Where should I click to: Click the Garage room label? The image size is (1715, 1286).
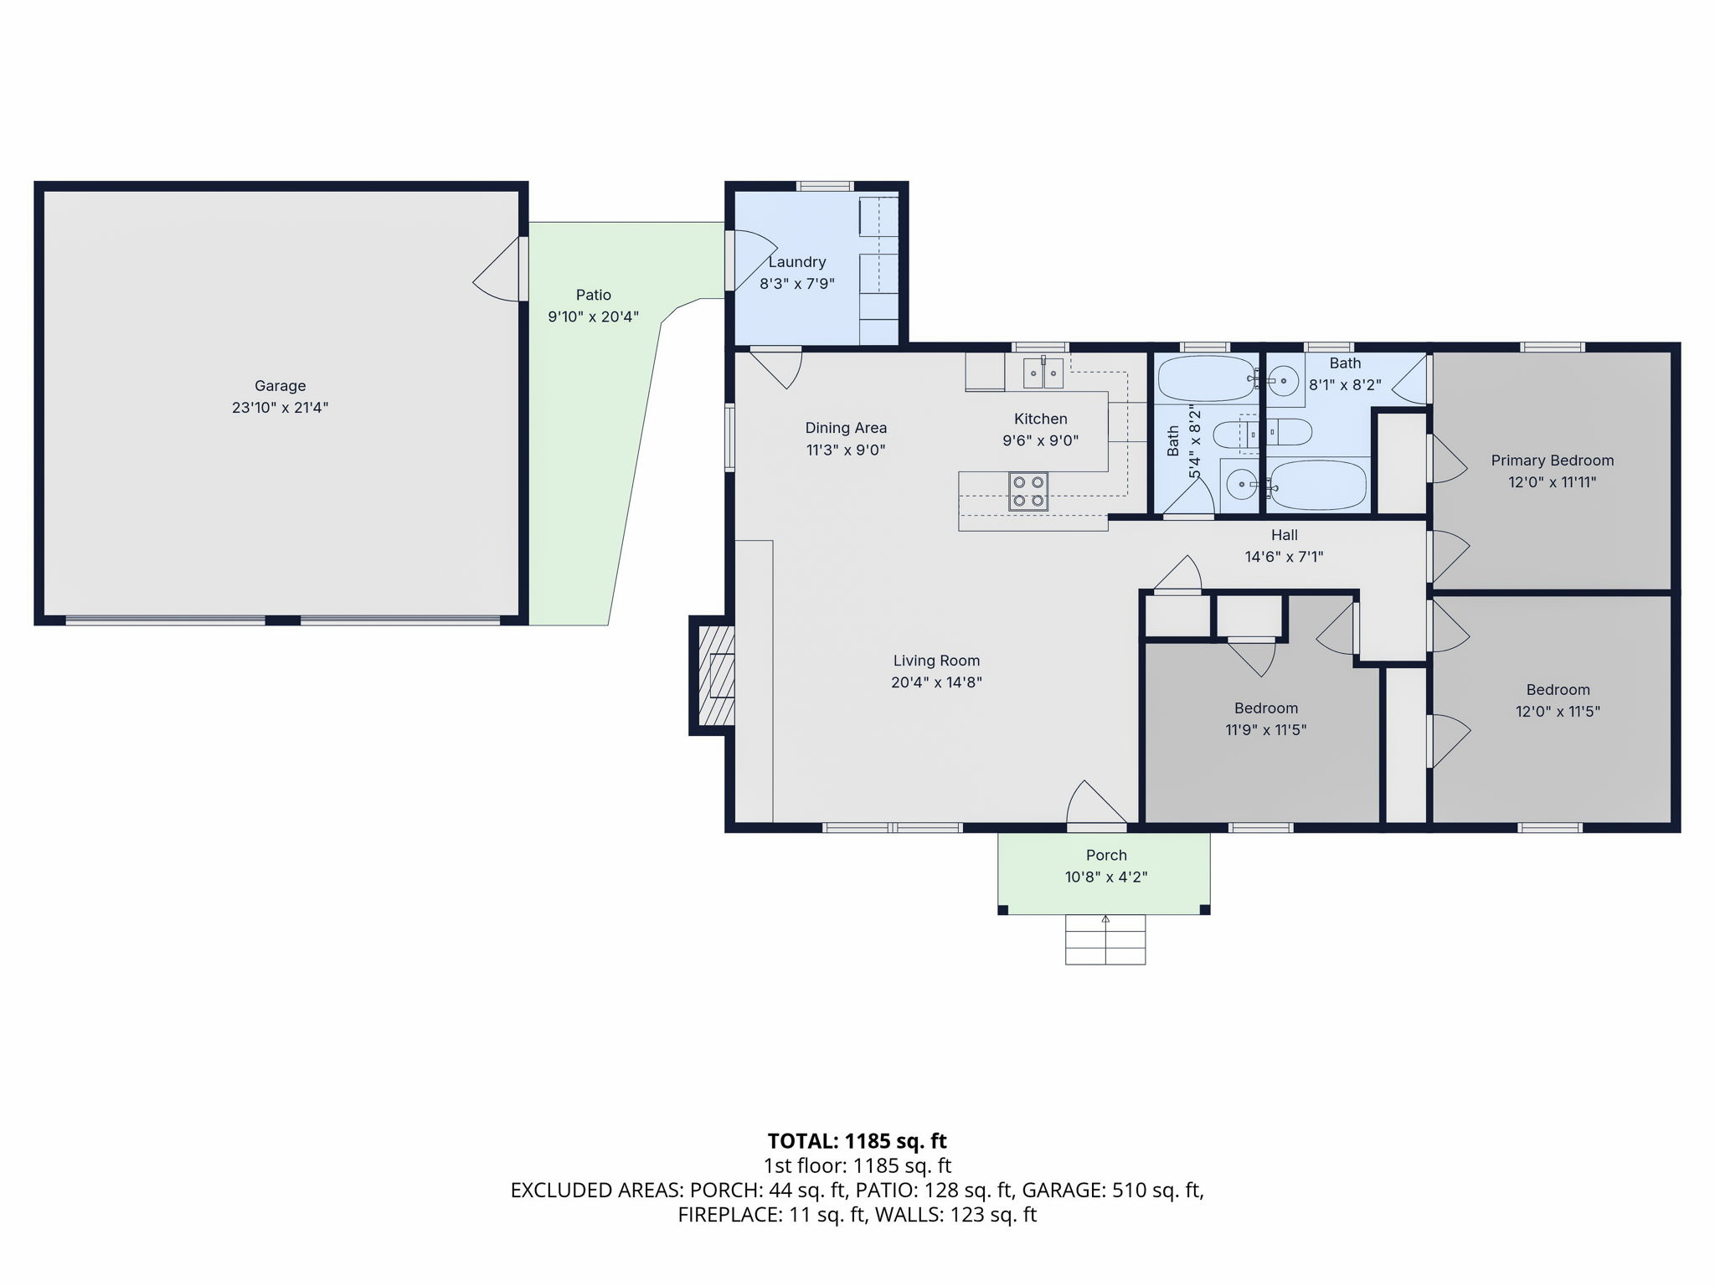[280, 386]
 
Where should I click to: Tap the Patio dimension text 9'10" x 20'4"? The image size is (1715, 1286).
[593, 317]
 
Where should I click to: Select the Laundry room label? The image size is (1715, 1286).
[797, 262]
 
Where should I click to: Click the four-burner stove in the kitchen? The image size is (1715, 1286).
[1027, 491]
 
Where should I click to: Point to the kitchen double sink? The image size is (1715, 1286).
[1043, 373]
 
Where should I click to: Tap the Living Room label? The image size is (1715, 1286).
[936, 661]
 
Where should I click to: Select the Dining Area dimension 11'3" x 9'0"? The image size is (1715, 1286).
[846, 450]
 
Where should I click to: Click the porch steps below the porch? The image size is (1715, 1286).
[1105, 939]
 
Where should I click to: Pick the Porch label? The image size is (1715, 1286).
[1106, 855]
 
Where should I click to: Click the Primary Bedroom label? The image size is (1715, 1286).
[1553, 460]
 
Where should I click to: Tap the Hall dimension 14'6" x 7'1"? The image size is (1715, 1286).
[1284, 557]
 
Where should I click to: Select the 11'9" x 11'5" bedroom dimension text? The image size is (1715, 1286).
[1265, 730]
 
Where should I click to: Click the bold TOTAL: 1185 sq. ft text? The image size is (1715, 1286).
[857, 1141]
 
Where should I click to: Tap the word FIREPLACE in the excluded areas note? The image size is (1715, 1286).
[729, 1214]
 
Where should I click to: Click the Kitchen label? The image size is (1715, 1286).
[1041, 419]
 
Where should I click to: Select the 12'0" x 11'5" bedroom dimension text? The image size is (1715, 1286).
[1558, 712]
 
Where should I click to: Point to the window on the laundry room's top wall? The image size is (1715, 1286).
[825, 186]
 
